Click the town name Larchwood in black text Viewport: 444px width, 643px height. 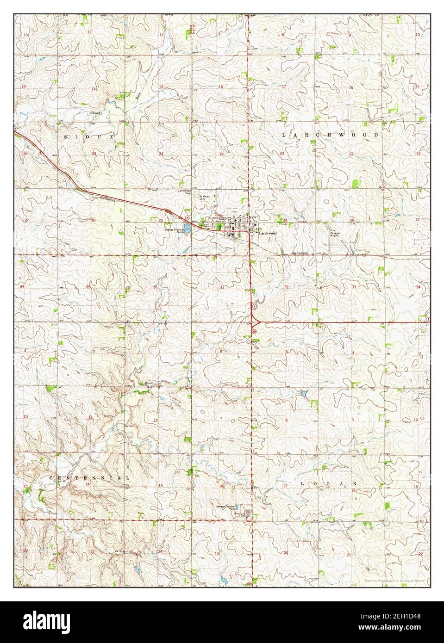click(x=268, y=234)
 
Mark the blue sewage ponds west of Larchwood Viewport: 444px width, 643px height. click(x=187, y=228)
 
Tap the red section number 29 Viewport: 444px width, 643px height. click(x=286, y=221)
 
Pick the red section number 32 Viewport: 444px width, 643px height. click(x=287, y=287)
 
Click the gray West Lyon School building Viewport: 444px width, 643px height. click(x=248, y=513)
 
